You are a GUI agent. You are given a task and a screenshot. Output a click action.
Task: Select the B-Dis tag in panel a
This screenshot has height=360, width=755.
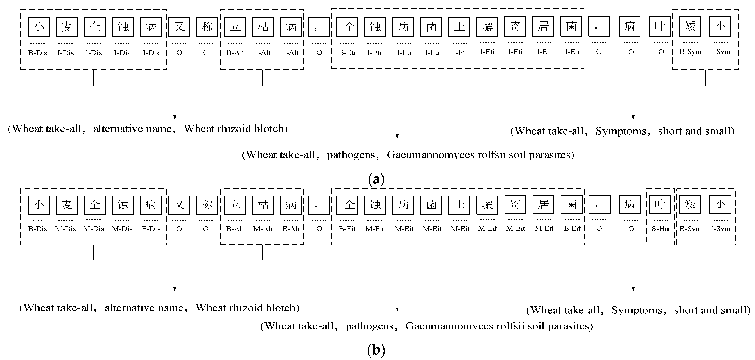[x=38, y=53]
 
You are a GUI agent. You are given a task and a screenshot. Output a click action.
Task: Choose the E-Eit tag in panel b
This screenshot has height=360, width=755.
[x=572, y=228]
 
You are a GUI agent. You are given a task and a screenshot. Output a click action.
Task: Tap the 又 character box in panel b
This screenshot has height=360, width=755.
[x=179, y=205]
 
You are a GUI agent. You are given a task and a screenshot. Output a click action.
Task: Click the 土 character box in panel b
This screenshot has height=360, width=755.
[x=459, y=205]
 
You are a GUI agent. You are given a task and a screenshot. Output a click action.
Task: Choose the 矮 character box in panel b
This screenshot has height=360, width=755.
[x=690, y=204]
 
